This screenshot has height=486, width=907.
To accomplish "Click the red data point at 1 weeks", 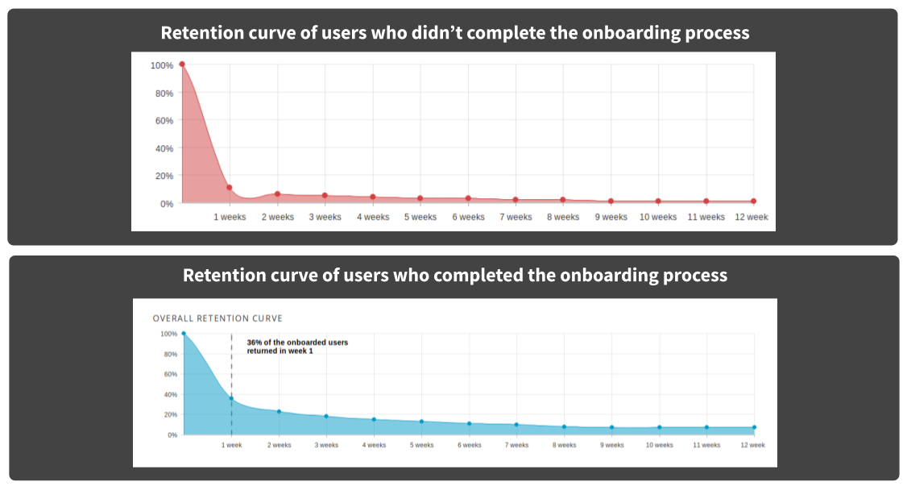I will pos(230,188).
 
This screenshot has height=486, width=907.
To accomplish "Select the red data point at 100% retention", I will pos(182,64).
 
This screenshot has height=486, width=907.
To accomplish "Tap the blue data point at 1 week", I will pos(231,398).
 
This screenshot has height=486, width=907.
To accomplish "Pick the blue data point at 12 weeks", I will pos(755,427).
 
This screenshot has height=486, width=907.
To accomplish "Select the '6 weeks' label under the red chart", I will pos(468,217).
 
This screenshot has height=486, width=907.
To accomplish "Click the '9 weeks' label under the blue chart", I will pos(611,445).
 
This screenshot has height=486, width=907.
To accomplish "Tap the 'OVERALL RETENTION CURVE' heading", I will pos(217,318).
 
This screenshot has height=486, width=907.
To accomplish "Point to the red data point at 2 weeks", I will pos(277,194).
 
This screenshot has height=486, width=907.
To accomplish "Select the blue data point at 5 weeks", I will pos(421,422).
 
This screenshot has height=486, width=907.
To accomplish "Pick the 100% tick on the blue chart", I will pos(168,334).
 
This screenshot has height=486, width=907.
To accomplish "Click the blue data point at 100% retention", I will pos(184,333).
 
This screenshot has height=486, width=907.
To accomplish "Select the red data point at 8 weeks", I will pos(563,200).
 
